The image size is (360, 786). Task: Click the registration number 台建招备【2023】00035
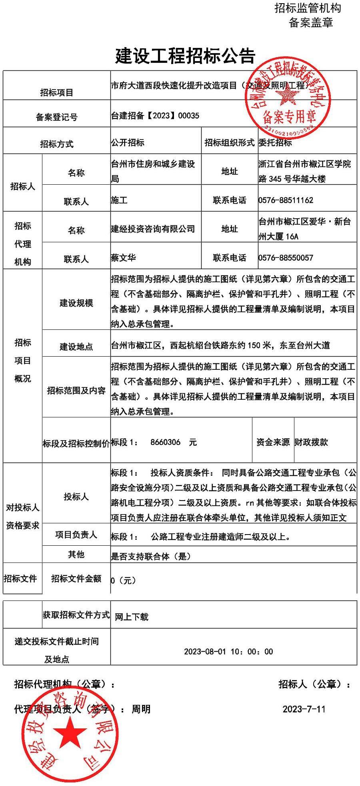tap(155, 116)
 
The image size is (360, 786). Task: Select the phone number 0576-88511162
tap(286, 200)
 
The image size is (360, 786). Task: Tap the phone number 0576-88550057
tap(286, 257)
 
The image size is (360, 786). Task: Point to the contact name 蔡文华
tap(123, 257)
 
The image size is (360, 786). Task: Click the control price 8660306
tap(165, 442)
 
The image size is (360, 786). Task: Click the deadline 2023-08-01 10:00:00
tap(228, 651)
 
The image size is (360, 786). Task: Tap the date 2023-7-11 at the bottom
tap(304, 709)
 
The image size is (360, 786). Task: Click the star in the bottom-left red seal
tap(70, 732)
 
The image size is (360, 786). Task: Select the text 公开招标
tap(128, 143)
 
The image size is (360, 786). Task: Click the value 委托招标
tap(275, 143)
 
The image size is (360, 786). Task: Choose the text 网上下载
tap(132, 616)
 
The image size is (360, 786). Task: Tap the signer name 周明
tap(141, 709)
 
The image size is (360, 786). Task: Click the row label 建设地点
tap(76, 346)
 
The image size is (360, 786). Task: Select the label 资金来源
tap(273, 442)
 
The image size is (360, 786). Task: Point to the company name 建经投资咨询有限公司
tap(153, 229)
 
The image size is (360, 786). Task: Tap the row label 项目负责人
tap(76, 535)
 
